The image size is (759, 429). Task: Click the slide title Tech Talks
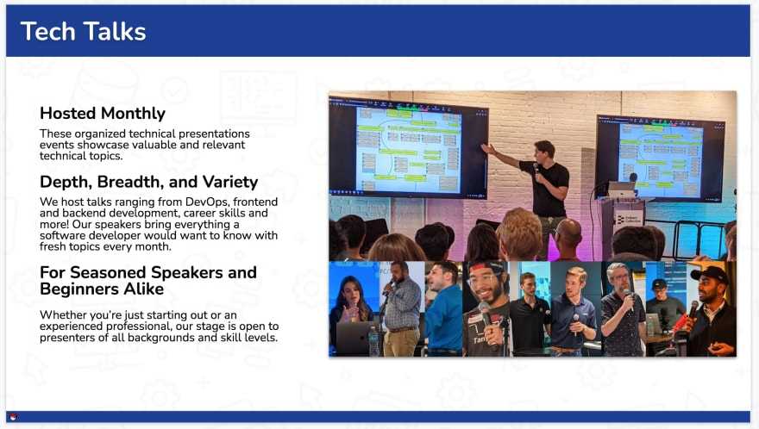coord(84,31)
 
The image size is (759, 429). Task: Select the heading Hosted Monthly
coord(103,113)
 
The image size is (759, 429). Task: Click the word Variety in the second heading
coord(230,183)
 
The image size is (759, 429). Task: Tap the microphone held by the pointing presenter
coord(536,168)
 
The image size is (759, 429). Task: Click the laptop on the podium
coord(621,190)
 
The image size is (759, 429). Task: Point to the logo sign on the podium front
coord(628,219)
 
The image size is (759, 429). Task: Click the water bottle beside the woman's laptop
coord(373,341)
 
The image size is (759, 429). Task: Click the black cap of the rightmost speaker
coord(711,274)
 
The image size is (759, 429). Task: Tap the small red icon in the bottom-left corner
coord(13,417)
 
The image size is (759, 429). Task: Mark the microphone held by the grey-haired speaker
coord(628,295)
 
